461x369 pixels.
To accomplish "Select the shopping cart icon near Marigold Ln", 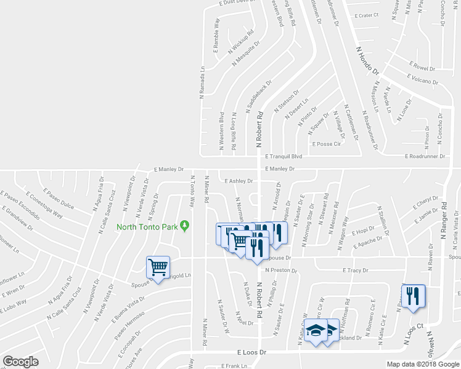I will tap(158, 268).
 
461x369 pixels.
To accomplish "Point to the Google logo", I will tap(20, 361).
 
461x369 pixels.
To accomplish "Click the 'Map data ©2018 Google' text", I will tap(423, 363).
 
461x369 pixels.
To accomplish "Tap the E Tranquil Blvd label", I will tap(284, 157).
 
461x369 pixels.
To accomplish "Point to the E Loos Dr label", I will tap(251, 352).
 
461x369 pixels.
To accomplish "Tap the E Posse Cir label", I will tap(327, 144).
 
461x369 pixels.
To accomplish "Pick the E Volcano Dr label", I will tap(422, 79).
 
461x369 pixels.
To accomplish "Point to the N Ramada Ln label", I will tap(202, 83).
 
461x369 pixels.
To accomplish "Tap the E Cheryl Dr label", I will tap(426, 202).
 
